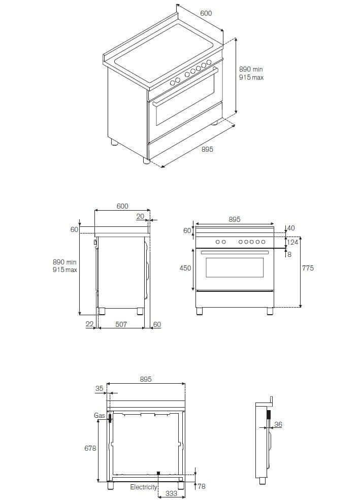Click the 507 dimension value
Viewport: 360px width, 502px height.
(x=121, y=324)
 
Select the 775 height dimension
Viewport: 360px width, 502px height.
(x=308, y=268)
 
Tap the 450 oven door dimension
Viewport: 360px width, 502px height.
(x=185, y=268)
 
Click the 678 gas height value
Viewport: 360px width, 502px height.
(x=90, y=448)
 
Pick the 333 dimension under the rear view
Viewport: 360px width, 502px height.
(x=171, y=493)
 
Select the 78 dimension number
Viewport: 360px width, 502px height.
(x=201, y=486)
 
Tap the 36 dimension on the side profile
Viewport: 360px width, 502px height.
(x=278, y=424)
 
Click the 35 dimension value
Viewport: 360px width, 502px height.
(x=99, y=388)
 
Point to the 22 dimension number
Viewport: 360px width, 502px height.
(x=89, y=324)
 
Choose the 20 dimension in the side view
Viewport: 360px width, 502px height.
(x=140, y=216)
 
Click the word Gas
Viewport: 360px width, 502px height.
(x=99, y=415)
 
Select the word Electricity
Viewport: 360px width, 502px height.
(x=144, y=487)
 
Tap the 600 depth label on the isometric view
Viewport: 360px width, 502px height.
(x=206, y=13)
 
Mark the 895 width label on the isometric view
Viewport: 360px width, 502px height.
(x=207, y=149)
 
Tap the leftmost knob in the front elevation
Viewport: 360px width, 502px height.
(x=217, y=242)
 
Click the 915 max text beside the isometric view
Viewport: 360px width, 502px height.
(x=251, y=78)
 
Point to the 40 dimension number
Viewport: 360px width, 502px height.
(x=291, y=228)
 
